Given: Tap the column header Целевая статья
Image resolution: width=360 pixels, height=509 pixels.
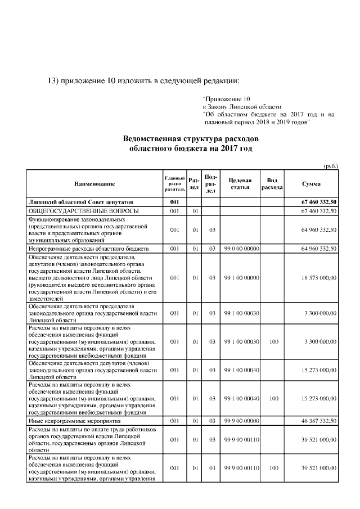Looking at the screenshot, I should (240, 184).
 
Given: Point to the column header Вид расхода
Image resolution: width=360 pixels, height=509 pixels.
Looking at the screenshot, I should (272, 184).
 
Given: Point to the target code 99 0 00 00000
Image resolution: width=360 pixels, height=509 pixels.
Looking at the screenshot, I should (241, 248).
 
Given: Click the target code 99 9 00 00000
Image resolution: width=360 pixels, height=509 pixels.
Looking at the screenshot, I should (241, 421).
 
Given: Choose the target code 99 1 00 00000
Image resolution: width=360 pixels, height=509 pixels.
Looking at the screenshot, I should (241, 278).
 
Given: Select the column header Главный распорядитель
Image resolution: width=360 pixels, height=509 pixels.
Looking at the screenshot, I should (174, 184).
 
